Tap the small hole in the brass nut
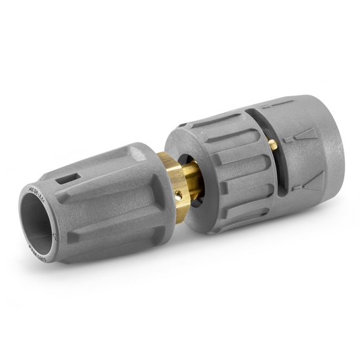177,194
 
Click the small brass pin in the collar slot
272,145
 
